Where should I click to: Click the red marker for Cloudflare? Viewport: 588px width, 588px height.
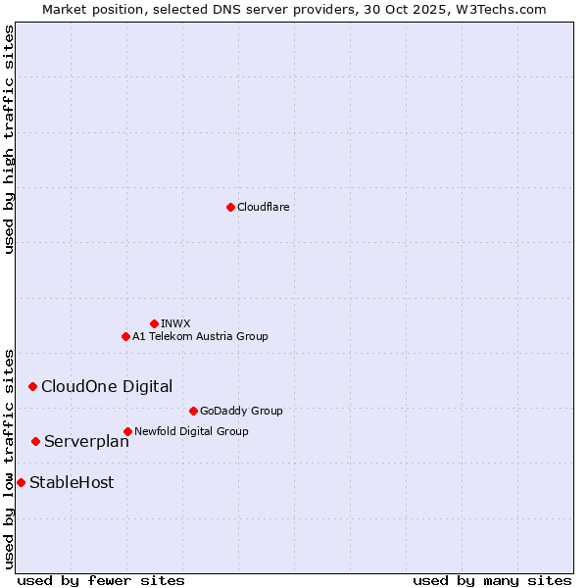coord(230,207)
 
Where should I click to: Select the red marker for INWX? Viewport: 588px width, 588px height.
coord(154,323)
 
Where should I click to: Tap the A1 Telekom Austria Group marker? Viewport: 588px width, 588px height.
coord(125,336)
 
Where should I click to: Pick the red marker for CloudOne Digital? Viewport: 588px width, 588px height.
coord(32,386)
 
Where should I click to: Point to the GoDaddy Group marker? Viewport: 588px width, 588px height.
coord(193,411)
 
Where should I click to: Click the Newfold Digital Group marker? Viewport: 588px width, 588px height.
coord(127,431)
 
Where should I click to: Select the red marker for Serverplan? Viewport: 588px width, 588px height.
coord(35,441)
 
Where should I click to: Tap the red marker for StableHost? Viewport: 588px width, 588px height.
coord(21,482)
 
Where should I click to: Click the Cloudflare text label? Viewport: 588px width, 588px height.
coord(263,207)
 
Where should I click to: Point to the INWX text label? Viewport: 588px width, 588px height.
coord(175,323)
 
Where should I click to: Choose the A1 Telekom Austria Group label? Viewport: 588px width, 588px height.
coord(200,336)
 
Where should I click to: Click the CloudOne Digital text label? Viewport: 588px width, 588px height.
coord(107,386)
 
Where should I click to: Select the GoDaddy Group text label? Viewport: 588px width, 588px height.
coord(241,411)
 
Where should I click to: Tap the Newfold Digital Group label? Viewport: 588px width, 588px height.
coord(191,431)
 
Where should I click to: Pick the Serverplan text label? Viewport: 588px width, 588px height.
coord(86,442)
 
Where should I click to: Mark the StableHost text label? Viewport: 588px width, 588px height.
coord(72,482)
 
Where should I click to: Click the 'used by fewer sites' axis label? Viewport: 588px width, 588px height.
coord(101,580)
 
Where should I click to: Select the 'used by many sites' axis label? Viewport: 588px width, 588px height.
coord(492,580)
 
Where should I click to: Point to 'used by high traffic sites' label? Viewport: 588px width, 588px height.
coord(9,139)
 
